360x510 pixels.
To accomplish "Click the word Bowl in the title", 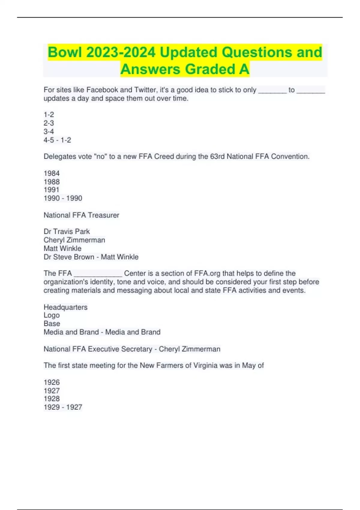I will click(65, 52).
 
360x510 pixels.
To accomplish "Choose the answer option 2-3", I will click(49, 123).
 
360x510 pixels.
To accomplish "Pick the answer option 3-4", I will click(49, 131).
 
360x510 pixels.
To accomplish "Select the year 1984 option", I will click(52, 173).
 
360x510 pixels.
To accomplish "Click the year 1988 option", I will click(52, 182).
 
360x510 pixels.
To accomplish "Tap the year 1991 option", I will click(52, 190).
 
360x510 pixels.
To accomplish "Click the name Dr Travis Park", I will click(67, 231).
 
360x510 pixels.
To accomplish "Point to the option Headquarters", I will click(65, 307).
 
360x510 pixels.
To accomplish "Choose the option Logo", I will click(52, 315).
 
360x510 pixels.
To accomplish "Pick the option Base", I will click(52, 323).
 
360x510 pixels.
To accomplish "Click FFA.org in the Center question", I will click(207, 273).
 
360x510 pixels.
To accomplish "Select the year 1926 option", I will click(52, 382).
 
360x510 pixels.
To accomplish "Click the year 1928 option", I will click(52, 399).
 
